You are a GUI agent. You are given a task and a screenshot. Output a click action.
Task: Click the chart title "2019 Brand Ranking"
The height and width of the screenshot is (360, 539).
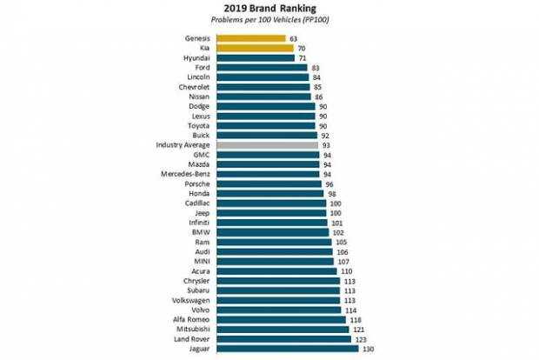[x=269, y=9]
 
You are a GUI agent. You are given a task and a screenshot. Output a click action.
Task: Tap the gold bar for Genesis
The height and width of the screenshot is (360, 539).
[x=251, y=38]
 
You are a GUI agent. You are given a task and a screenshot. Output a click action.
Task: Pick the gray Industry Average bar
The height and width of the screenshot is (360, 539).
[x=265, y=145]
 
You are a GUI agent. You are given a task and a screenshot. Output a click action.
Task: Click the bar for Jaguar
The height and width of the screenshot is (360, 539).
[x=287, y=349]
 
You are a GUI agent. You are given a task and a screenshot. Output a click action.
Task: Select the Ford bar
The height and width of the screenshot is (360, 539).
[x=262, y=68]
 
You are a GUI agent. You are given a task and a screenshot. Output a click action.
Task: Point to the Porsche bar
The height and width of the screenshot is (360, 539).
[x=266, y=183]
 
